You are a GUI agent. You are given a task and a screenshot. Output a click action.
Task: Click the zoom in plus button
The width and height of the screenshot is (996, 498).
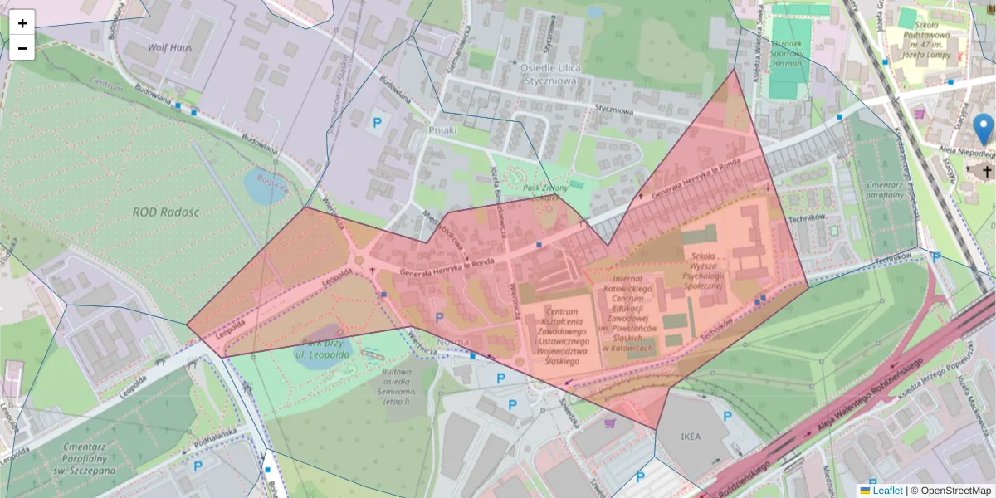point(22,23)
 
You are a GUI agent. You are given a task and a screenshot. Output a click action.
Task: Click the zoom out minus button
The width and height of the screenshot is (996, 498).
point(22,48)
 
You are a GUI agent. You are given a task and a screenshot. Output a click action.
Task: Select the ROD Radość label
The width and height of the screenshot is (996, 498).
point(166,212)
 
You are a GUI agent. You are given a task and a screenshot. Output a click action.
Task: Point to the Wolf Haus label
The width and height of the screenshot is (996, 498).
point(169,47)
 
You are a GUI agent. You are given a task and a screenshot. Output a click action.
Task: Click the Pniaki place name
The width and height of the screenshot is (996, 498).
point(442,130)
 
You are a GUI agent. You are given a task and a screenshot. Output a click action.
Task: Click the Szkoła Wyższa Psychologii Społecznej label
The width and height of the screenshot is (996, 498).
point(703,263)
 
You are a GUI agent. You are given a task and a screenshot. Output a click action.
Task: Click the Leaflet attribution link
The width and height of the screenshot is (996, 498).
point(887,491)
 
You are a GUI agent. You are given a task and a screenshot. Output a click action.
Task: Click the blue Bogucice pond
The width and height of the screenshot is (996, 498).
point(265,188)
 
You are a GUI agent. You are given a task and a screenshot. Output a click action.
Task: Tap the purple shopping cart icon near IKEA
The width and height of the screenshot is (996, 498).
point(611,423)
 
